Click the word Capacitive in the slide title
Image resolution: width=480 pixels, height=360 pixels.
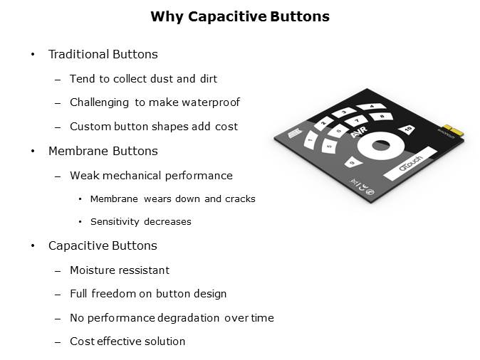(227, 17)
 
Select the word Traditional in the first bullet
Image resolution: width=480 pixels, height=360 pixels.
(78, 54)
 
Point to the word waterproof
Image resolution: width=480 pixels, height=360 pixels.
(211, 102)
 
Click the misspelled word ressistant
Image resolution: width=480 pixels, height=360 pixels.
(145, 270)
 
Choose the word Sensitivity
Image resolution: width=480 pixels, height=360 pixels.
(115, 221)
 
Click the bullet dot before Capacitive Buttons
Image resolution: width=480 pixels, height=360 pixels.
(33, 245)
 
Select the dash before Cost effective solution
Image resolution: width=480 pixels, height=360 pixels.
(58, 342)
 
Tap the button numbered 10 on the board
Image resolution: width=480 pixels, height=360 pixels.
(407, 129)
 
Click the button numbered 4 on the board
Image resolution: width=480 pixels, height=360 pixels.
(371, 107)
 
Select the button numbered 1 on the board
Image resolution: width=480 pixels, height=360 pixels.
(311, 140)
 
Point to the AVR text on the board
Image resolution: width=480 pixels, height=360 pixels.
(359, 132)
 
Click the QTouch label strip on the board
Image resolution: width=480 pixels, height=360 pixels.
(410, 164)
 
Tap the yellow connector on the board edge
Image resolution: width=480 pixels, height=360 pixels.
(454, 130)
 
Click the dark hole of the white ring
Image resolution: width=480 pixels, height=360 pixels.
(381, 145)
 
